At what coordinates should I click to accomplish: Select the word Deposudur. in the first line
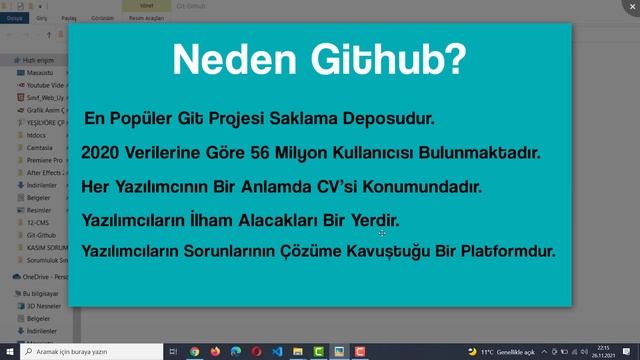[x=385, y=118]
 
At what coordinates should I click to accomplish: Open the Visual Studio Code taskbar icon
[x=278, y=352]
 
